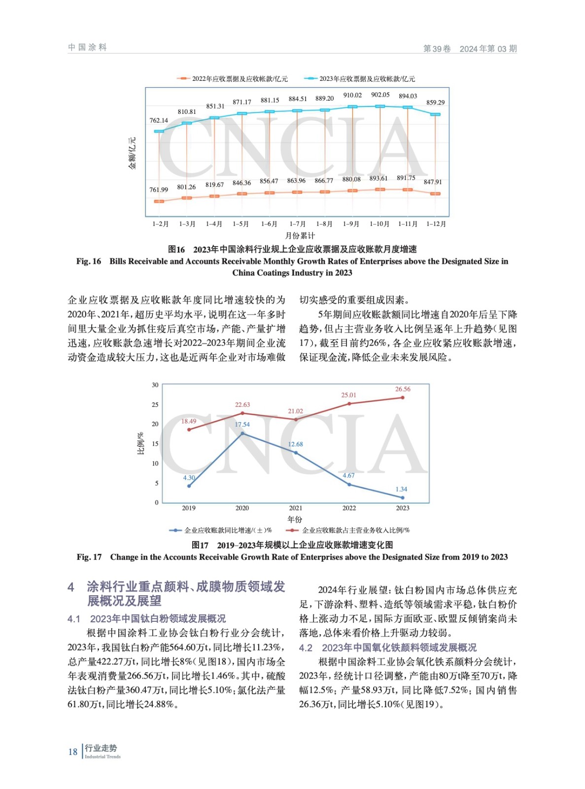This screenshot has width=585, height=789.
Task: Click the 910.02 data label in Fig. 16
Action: coord(352,95)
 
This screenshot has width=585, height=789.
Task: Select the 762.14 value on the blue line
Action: coord(159,120)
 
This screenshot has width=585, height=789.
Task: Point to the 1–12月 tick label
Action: coord(436,224)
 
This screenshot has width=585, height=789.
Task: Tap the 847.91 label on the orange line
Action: coord(433,182)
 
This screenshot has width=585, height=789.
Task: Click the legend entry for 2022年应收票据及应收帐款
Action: coord(233,79)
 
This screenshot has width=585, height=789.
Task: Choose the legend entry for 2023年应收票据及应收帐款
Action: coord(360,79)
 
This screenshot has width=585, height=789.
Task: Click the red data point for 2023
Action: coord(403,397)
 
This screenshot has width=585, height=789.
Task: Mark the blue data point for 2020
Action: coord(242,433)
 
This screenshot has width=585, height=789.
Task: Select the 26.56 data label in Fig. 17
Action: coord(403,389)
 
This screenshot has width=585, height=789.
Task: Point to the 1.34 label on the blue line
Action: coord(401,489)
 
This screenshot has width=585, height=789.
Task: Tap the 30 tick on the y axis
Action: coord(155,385)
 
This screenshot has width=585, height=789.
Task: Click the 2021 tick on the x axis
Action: coord(296,508)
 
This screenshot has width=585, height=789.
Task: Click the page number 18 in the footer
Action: coord(73,752)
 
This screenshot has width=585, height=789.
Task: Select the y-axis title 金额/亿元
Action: coord(132,153)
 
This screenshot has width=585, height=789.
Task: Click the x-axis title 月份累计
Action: coord(300,236)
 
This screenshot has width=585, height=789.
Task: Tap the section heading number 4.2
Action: coord(306,647)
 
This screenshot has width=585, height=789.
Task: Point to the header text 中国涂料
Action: coord(88,47)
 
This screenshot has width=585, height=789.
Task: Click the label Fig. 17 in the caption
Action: coord(89,557)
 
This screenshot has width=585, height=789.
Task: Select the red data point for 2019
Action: coord(189,430)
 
